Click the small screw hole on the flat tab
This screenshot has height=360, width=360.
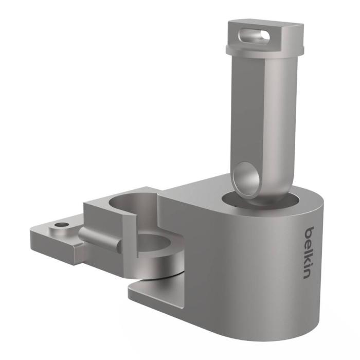[63, 225]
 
